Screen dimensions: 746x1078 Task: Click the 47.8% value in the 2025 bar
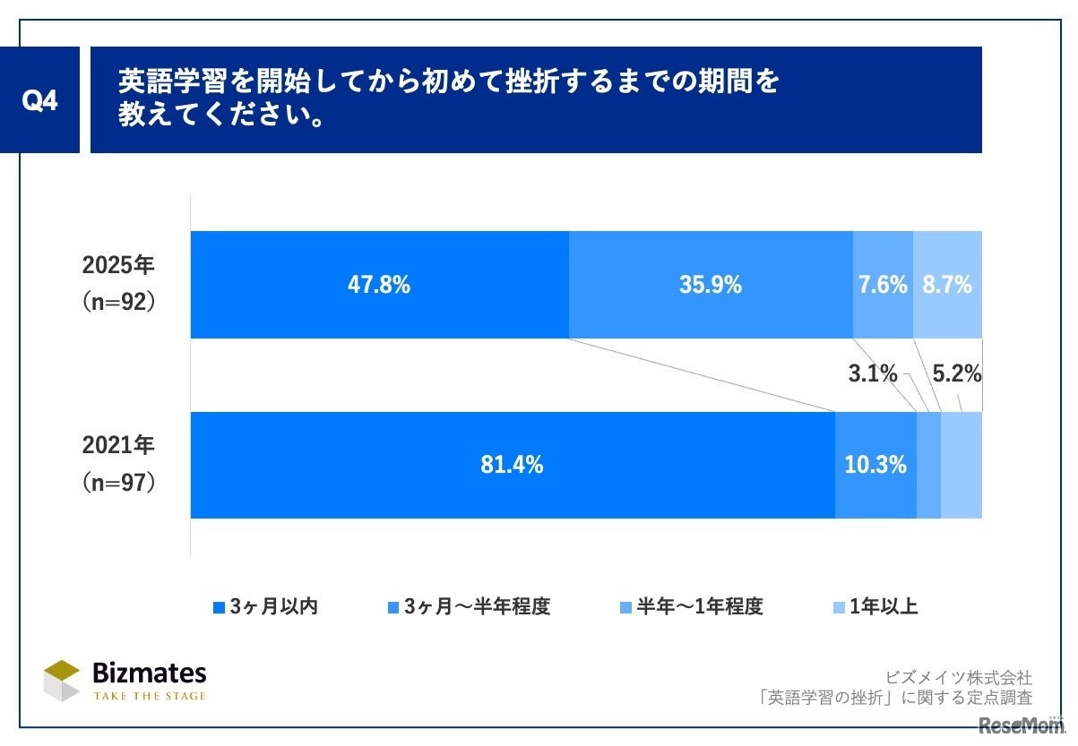tap(378, 285)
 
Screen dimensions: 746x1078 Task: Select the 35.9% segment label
tap(710, 285)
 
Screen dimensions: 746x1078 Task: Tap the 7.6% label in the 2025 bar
tap(882, 285)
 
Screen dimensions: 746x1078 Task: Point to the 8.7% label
tap(946, 285)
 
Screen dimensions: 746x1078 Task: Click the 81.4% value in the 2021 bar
tap(512, 465)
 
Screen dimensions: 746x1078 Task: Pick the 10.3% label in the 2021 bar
tap(875, 465)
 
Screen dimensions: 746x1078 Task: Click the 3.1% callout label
tap(872, 374)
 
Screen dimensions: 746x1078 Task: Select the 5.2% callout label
tap(957, 374)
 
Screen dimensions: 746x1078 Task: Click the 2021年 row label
tap(119, 446)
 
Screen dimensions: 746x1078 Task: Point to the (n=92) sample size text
tap(119, 302)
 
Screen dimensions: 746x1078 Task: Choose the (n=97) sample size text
tap(119, 483)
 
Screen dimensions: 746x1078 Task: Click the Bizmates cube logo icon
tap(62, 681)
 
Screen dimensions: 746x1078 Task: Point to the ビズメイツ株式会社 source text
tap(958, 677)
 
